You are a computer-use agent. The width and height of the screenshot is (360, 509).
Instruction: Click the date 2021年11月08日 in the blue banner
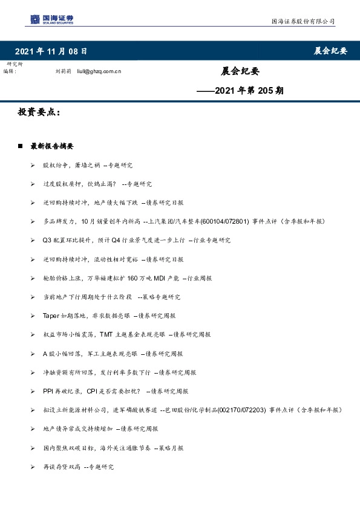(51, 51)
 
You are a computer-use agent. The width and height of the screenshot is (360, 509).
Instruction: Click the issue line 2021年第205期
(241, 91)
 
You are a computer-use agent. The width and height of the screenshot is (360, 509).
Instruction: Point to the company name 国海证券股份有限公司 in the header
(303, 22)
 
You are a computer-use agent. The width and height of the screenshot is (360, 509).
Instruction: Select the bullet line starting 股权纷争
(87, 165)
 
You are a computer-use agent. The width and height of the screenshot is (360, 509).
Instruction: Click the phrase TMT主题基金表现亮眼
(129, 334)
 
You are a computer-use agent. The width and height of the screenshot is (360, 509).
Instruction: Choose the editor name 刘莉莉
(64, 71)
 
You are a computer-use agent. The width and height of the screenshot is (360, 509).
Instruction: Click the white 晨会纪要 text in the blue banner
(330, 51)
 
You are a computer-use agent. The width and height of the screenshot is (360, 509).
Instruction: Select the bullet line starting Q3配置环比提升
(137, 241)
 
